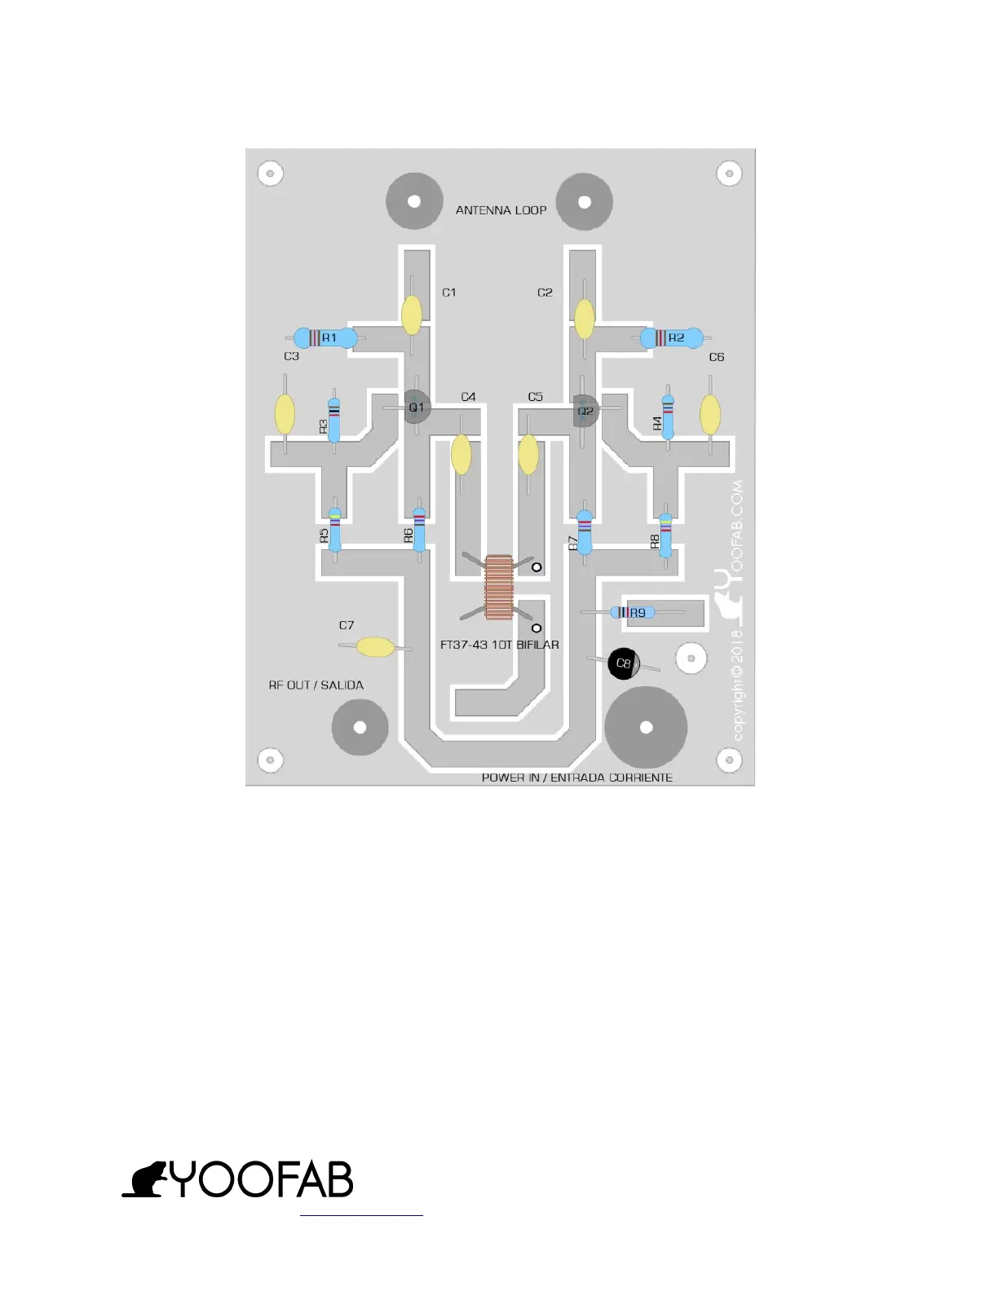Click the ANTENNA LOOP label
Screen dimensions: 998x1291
coord(501,210)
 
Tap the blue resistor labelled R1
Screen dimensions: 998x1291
coord(325,337)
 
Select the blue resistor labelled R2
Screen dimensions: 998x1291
coord(672,337)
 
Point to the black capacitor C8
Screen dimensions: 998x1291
coord(624,663)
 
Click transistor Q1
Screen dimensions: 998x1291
coord(417,407)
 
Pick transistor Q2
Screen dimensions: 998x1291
coord(585,410)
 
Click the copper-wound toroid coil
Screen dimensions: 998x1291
coord(498,587)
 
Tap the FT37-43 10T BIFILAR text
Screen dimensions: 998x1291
coord(499,645)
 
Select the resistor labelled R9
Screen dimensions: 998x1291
coord(633,613)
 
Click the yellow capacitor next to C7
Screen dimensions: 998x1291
coord(376,647)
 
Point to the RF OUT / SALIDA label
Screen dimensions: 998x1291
coord(316,685)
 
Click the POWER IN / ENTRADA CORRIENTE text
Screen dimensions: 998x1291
coord(576,778)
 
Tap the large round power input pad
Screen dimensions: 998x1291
coord(646,727)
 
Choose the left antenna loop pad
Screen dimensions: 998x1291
coord(414,201)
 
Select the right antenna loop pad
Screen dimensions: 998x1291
coord(584,202)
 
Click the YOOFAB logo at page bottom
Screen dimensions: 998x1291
coord(238,1179)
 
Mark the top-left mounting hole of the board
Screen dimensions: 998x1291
coord(270,173)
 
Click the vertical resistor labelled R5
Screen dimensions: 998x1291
coord(334,530)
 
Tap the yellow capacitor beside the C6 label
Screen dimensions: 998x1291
coord(710,414)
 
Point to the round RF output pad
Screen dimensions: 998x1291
coord(360,727)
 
